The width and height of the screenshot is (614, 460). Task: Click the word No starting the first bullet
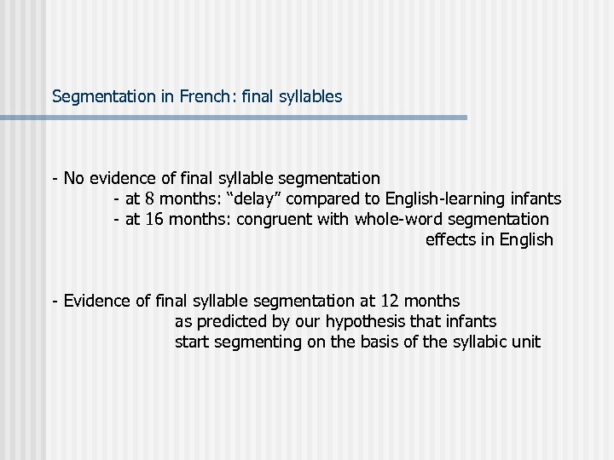(73, 178)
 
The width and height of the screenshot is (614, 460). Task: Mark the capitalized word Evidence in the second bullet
(95, 301)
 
